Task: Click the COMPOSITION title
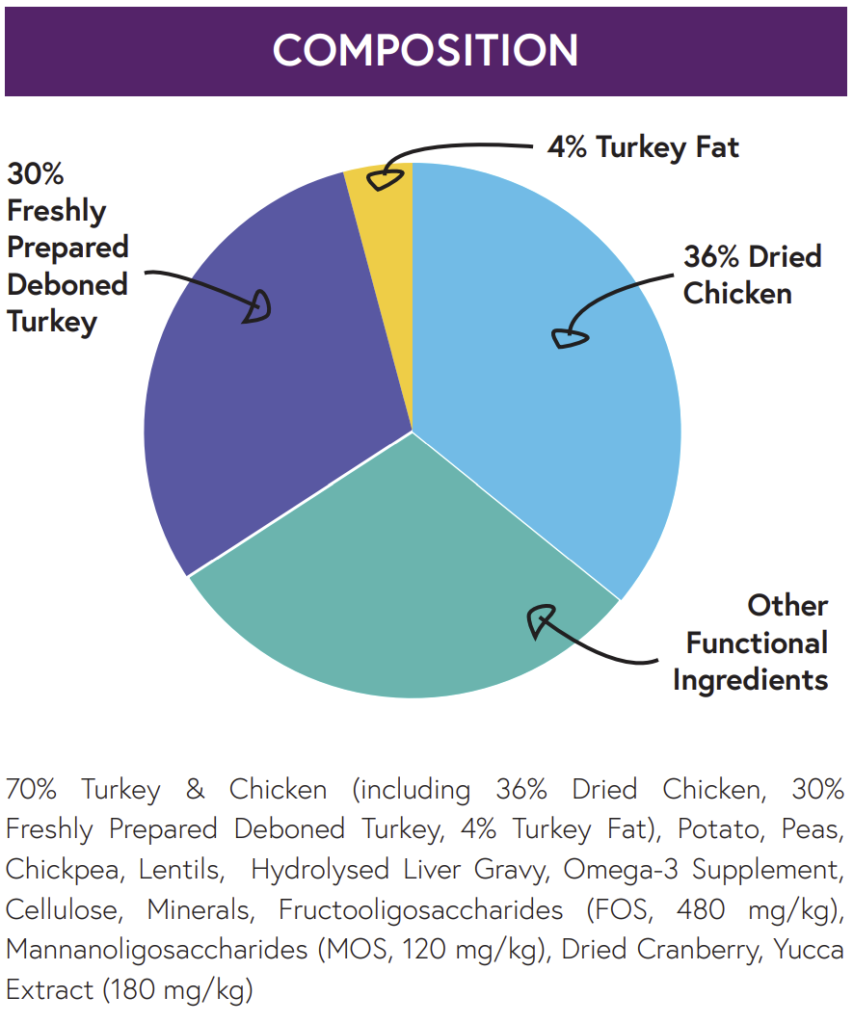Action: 425,50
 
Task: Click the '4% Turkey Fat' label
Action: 643,147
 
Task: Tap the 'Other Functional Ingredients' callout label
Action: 751,643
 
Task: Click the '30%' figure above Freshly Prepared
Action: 36,174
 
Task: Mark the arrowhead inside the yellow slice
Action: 387,178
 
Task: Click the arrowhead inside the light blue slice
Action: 569,337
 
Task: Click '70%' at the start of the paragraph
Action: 32,790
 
